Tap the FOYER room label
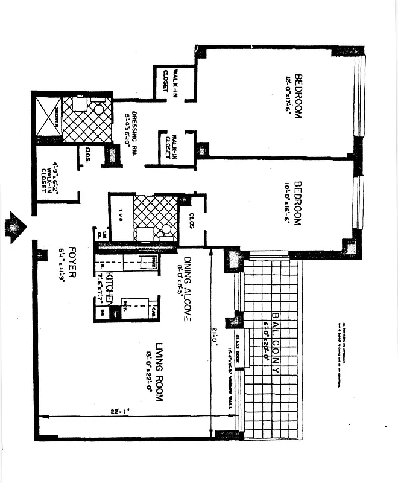[72, 261]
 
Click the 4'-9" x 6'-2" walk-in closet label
[49, 175]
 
